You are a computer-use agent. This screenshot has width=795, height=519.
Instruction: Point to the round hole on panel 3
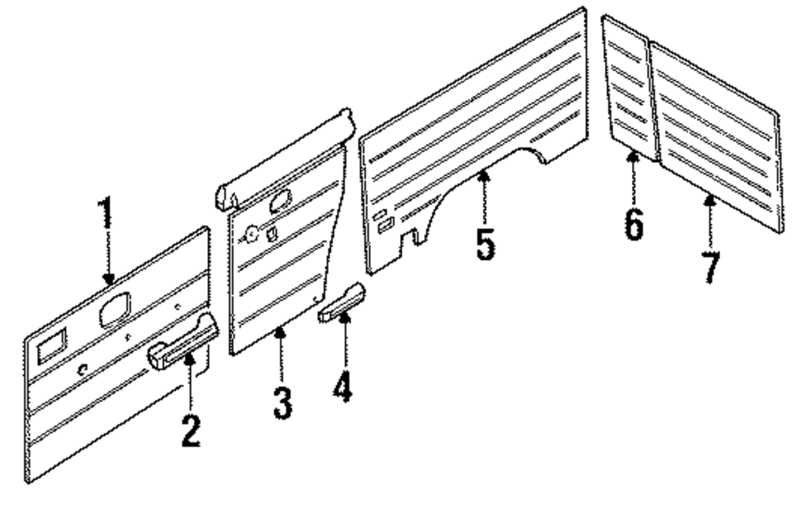(251, 234)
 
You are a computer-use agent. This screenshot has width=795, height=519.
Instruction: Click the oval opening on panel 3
(281, 199)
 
